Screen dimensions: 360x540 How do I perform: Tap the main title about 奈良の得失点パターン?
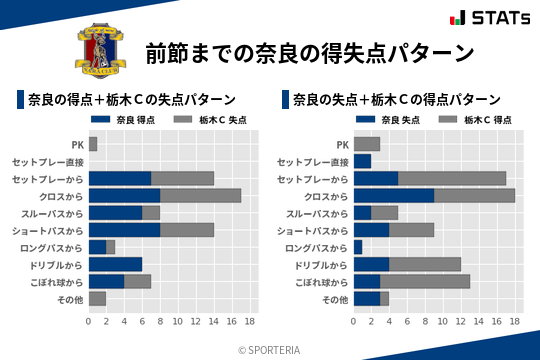[309, 52]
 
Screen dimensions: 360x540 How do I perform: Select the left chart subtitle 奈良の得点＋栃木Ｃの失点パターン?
[131, 99]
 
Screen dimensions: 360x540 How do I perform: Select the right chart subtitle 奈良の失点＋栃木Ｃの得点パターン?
[396, 99]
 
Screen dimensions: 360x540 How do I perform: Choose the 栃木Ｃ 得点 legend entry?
[475, 120]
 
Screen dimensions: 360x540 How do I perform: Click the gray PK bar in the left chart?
[93, 144]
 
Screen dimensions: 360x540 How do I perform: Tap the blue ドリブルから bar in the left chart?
[115, 264]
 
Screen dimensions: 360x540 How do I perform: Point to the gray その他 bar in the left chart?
[97, 298]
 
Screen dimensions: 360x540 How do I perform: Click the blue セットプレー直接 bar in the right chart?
[362, 161]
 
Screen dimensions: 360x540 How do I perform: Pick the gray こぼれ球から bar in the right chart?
[425, 281]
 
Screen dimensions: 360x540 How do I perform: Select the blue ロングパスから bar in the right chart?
[358, 247]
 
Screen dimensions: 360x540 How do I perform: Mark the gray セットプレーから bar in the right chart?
[452, 178]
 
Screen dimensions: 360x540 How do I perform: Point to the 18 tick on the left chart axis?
[250, 322]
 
